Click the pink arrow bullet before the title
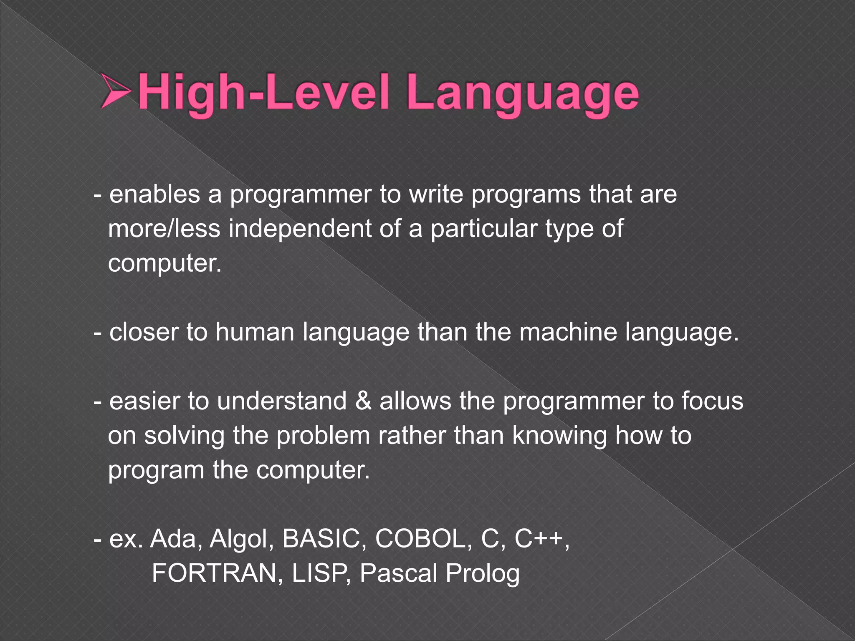[x=116, y=91]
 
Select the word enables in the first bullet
[x=154, y=194]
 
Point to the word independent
[x=299, y=229]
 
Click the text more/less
[x=164, y=229]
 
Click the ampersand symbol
[x=363, y=401]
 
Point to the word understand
[x=282, y=401]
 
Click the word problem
[x=323, y=435]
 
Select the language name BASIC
[x=321, y=538]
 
